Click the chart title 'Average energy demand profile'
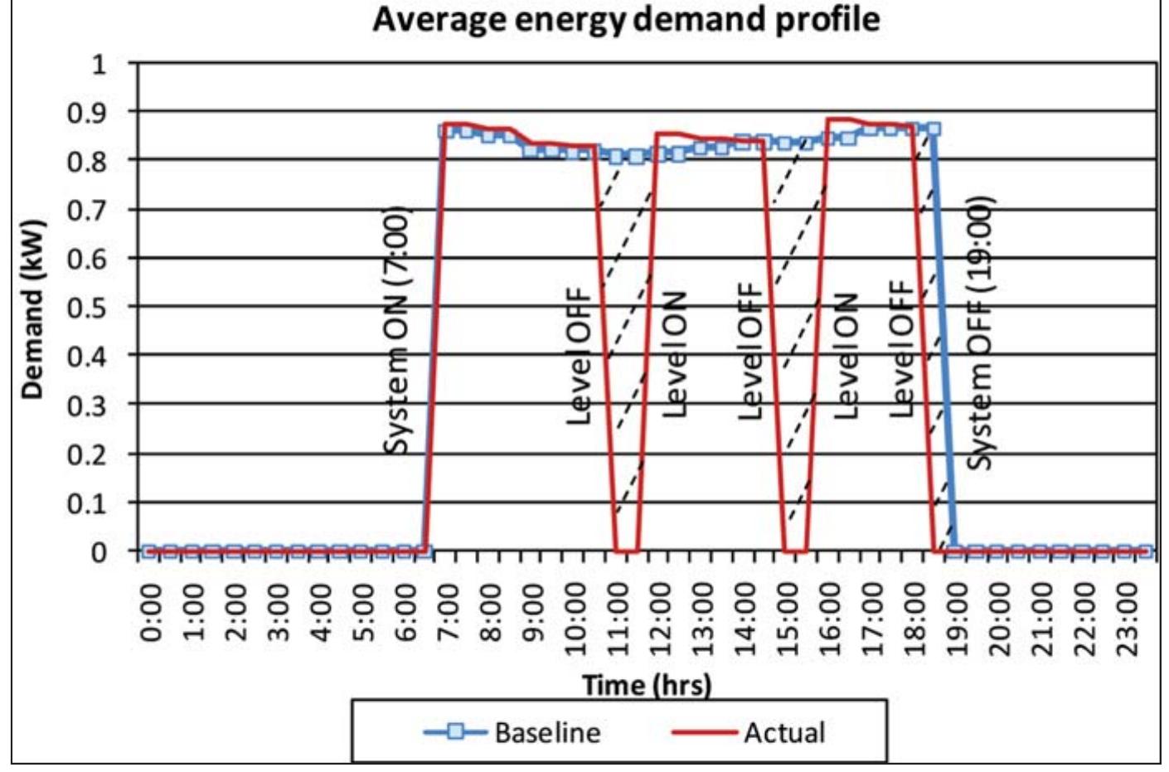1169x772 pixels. (x=626, y=18)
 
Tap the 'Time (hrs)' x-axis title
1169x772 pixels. (x=647, y=685)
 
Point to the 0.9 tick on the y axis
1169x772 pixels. (x=86, y=112)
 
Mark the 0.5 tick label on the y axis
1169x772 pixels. (x=86, y=307)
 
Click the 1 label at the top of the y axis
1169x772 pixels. (x=99, y=64)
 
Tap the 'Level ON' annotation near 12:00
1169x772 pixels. (x=675, y=355)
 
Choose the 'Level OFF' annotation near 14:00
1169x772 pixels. (x=750, y=352)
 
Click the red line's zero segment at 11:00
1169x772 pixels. (x=626, y=551)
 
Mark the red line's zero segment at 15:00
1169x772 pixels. (x=795, y=551)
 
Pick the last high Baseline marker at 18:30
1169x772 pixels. (x=933, y=129)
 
